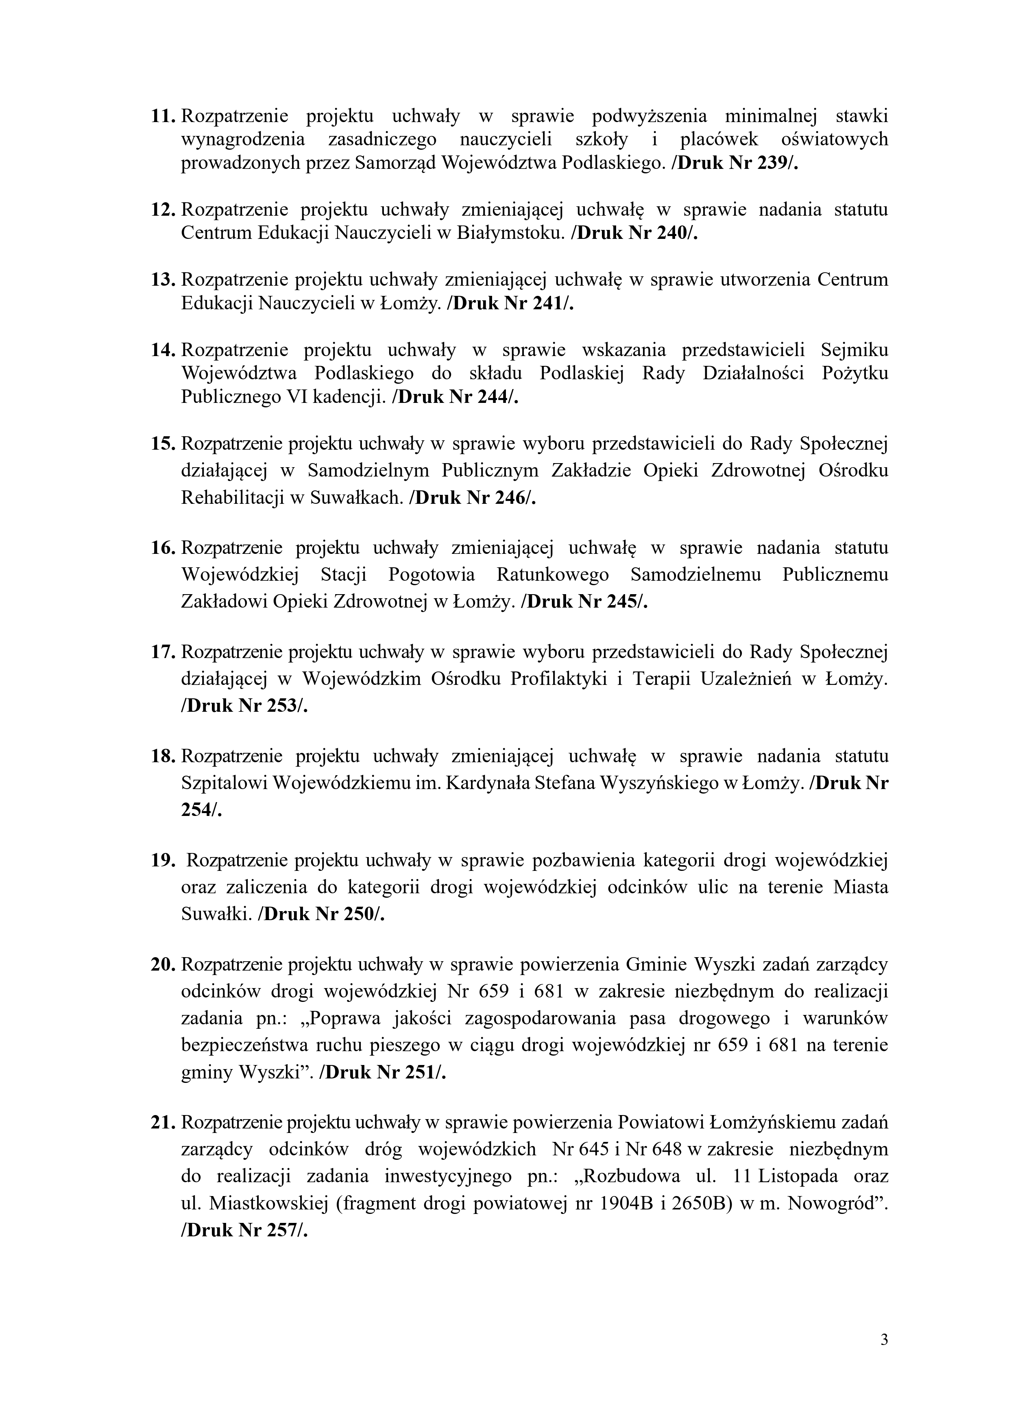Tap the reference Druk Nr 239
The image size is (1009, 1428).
click(x=735, y=163)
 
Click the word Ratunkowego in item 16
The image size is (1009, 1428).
click(x=553, y=575)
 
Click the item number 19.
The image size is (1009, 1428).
click(x=164, y=861)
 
